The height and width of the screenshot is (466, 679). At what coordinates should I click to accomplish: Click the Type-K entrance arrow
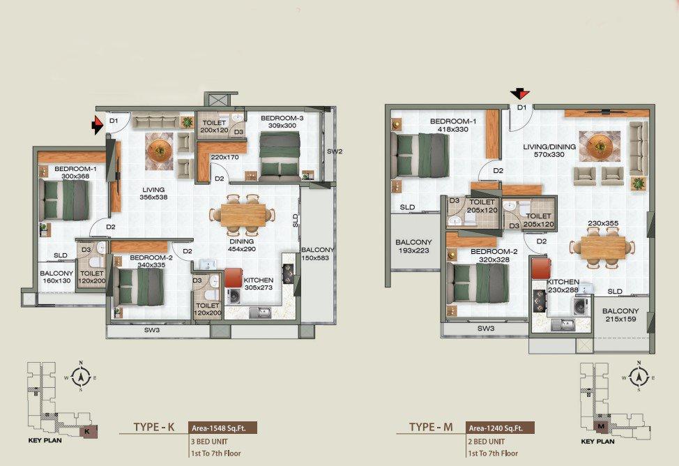[98, 126]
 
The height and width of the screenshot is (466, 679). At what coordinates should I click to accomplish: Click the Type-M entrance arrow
[520, 93]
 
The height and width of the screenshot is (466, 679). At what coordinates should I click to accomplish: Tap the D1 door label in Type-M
[522, 107]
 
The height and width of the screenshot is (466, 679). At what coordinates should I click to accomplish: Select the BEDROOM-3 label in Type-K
[282, 118]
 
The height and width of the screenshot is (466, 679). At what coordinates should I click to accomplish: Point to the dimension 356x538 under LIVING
[153, 197]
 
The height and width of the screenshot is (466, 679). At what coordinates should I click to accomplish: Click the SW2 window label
[335, 151]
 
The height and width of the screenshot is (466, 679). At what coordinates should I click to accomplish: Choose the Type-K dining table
[243, 215]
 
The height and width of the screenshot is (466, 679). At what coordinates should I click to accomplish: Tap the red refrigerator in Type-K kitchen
[233, 278]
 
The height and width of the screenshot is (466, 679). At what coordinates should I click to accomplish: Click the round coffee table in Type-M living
[600, 146]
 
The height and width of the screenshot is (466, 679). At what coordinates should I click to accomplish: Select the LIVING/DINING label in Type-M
[549, 146]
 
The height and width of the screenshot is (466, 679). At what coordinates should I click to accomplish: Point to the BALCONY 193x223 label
[413, 246]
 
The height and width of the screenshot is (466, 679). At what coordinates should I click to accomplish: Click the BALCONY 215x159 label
[620, 315]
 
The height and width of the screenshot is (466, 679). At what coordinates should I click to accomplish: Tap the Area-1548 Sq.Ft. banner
[222, 428]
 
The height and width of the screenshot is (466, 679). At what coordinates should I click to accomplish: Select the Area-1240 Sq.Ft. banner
[500, 428]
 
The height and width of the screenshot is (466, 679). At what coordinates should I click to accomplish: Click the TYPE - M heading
[431, 427]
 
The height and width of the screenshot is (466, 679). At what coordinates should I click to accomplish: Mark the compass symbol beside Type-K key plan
[81, 376]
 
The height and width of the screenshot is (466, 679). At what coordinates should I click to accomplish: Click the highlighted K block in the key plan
[88, 431]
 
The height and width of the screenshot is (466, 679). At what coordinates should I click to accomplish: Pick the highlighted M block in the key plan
[601, 426]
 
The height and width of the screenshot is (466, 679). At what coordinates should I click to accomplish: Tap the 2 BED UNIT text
[487, 442]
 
